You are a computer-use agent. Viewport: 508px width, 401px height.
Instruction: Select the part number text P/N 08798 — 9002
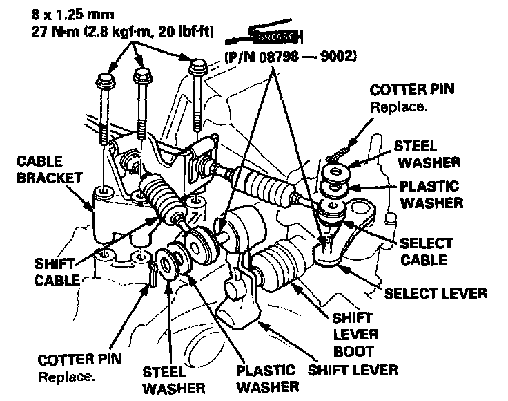(289, 58)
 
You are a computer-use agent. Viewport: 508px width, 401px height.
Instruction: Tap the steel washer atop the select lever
(336, 171)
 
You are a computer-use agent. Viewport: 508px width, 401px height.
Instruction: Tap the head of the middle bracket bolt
(143, 72)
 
